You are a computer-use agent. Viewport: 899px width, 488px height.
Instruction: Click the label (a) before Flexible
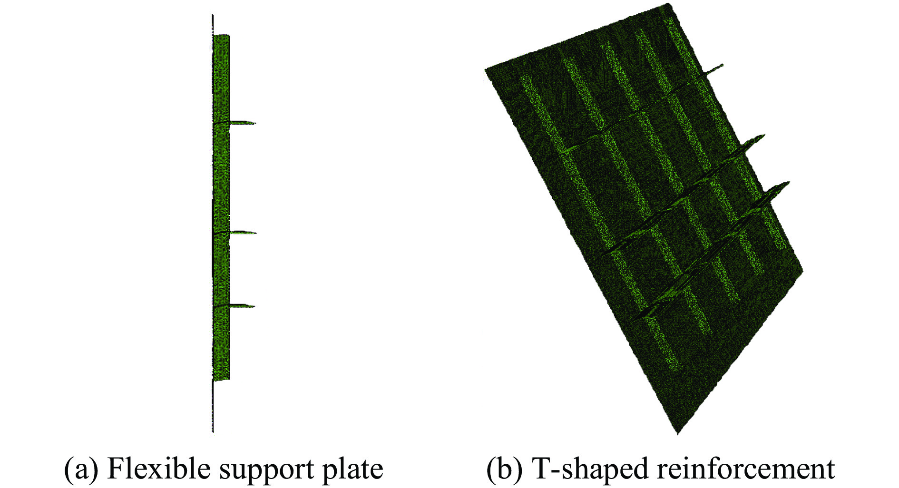coord(81,469)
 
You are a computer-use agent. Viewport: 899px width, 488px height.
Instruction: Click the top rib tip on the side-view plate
coord(256,124)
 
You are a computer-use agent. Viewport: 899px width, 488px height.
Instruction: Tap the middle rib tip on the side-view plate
coord(256,233)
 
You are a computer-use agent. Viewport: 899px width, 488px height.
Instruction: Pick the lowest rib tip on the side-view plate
coord(255,306)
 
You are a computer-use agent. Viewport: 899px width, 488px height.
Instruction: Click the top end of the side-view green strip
coord(222,35)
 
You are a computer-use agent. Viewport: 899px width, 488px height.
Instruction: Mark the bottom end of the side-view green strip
coord(222,380)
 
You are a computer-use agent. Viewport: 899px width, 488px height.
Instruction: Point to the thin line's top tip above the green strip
coord(213,15)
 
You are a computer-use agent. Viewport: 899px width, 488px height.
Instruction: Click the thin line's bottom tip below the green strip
coord(213,432)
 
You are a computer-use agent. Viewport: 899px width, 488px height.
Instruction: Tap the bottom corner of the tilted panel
coord(677,434)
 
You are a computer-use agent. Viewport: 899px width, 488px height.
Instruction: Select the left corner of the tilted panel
coord(485,70)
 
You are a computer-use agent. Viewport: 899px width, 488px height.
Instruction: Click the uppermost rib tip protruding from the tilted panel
coord(723,64)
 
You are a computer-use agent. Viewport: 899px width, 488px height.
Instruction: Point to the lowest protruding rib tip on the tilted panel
coord(790,182)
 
